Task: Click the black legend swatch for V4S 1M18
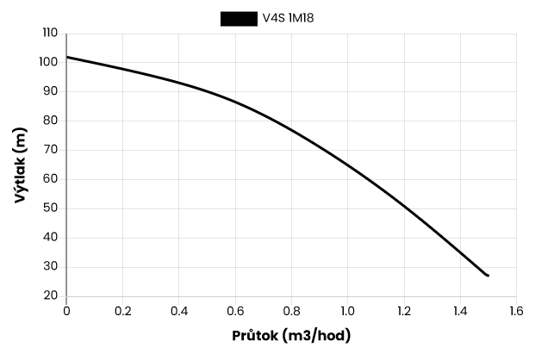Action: pyautogui.click(x=239, y=19)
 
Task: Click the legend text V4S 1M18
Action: pyautogui.click(x=289, y=19)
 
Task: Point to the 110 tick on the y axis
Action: pyautogui.click(x=50, y=33)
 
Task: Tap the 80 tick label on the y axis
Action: pyautogui.click(x=52, y=121)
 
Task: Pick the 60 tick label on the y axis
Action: pyautogui.click(x=52, y=179)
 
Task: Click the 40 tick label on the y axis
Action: pyautogui.click(x=52, y=238)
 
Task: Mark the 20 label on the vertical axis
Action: pyautogui.click(x=52, y=295)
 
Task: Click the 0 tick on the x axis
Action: pyautogui.click(x=66, y=310)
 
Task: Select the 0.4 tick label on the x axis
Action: pyautogui.click(x=179, y=310)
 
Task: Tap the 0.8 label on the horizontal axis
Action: pyautogui.click(x=291, y=310)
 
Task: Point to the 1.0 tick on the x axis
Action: pyautogui.click(x=347, y=310)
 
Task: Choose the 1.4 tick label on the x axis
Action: pyautogui.click(x=460, y=310)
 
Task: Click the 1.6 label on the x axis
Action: pyautogui.click(x=516, y=310)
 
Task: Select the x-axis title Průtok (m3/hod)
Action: pyautogui.click(x=291, y=335)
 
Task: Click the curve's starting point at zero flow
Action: pyautogui.click(x=67, y=58)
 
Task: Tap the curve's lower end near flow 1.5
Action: pyautogui.click(x=488, y=276)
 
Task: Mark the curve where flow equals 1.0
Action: pyautogui.click(x=347, y=164)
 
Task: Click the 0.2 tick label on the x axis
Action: pyautogui.click(x=122, y=310)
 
